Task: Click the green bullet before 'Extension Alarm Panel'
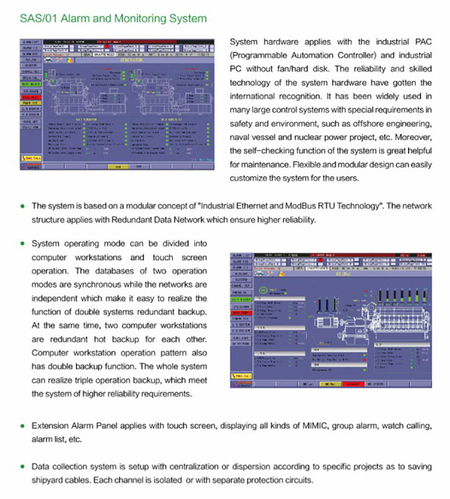(x=22, y=426)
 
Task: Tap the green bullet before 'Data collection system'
(x=22, y=467)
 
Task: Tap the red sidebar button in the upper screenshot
(x=30, y=98)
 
